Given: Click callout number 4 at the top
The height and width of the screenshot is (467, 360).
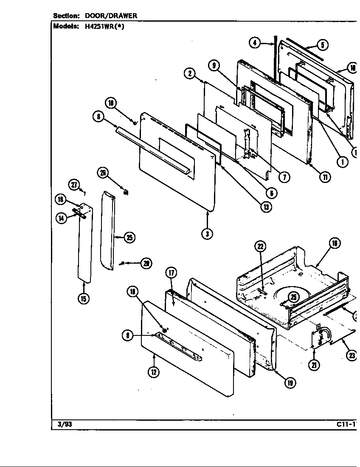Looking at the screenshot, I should [x=254, y=43].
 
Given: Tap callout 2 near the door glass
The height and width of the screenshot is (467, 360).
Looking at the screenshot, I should [x=189, y=73].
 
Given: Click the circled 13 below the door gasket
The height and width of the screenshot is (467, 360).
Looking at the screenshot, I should [x=267, y=207].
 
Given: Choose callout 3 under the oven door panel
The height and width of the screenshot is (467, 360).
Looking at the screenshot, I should [x=207, y=233].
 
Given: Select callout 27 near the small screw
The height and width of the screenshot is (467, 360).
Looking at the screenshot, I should [x=74, y=185].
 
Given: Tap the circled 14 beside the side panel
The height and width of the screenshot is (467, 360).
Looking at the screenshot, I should [x=61, y=218].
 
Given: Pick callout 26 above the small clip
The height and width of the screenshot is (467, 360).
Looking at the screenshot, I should [x=103, y=172].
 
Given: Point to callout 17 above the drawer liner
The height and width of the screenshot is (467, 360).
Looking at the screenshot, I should [x=171, y=273].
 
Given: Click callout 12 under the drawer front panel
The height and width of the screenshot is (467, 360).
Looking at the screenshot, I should [x=154, y=372].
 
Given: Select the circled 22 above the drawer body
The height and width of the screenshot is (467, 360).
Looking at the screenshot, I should [x=260, y=247].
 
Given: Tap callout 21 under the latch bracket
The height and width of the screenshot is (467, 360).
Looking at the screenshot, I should [x=314, y=365].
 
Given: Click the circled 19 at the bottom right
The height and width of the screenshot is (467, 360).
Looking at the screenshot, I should [x=290, y=383].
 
